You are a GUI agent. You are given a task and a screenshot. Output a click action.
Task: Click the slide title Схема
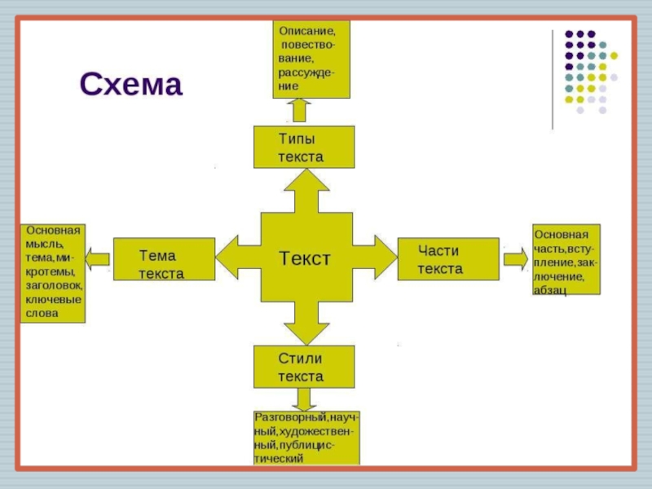click(130, 85)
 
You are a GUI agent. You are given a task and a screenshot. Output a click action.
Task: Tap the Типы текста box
click(304, 147)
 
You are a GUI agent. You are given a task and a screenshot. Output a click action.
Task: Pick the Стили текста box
click(304, 367)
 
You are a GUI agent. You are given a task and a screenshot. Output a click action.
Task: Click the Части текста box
click(447, 259)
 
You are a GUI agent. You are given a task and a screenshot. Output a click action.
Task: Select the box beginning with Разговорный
click(306, 438)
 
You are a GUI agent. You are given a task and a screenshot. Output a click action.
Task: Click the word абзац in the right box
click(551, 289)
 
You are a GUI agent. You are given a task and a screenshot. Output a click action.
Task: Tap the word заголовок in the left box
click(54, 285)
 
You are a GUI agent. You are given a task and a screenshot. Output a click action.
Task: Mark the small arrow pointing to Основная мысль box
click(97, 259)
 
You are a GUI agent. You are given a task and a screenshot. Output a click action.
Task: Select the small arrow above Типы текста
click(299, 110)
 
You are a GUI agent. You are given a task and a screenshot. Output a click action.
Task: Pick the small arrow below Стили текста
click(305, 399)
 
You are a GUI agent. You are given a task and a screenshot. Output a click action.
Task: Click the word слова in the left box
click(42, 313)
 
